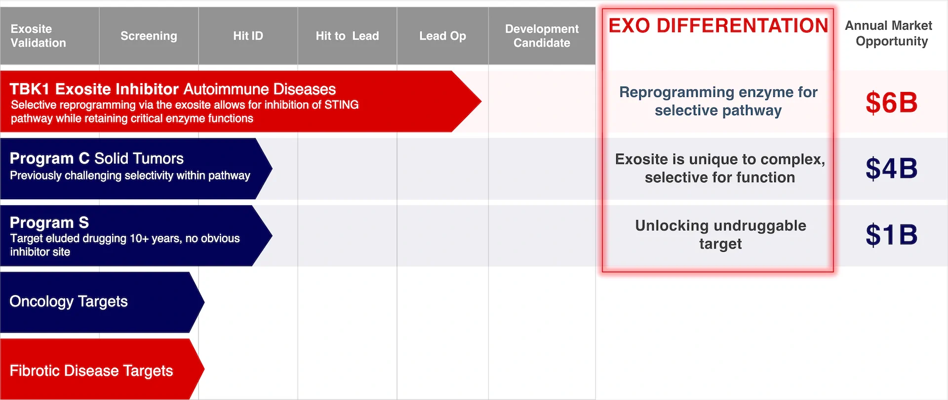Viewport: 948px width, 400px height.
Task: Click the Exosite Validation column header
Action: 38,36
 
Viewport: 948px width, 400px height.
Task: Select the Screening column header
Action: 149,36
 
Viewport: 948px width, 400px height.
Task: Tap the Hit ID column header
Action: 248,36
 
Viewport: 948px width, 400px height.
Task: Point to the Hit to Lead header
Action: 347,36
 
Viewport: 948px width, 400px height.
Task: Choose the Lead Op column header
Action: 442,36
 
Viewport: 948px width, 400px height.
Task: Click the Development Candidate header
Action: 542,36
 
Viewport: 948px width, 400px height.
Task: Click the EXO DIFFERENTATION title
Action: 718,26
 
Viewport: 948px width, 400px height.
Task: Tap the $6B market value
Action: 891,103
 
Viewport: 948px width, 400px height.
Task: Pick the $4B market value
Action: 891,169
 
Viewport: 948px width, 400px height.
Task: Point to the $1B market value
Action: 891,235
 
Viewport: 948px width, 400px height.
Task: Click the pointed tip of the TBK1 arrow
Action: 481,101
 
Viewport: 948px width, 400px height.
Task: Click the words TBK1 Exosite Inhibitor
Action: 94,89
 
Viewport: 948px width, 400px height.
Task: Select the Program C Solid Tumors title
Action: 96,158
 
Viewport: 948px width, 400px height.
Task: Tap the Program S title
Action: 49,222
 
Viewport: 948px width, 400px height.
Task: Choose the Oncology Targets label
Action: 69,302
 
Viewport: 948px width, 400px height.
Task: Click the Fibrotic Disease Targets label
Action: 91,371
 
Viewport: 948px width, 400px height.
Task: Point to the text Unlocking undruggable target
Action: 720,235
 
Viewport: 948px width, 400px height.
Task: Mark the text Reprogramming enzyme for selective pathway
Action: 718,101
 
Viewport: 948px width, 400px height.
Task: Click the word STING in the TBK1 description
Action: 341,105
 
